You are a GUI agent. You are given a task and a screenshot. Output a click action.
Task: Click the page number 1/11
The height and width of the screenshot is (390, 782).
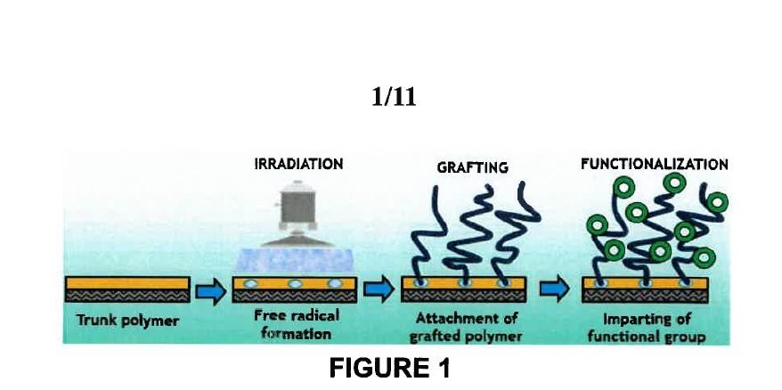coord(394,96)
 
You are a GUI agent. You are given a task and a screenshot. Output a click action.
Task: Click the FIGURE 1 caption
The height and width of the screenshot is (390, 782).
coord(390,368)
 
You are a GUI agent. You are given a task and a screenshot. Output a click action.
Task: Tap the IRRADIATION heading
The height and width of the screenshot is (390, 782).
coord(298,164)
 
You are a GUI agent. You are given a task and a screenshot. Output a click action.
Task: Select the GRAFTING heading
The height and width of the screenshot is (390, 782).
coord(472,167)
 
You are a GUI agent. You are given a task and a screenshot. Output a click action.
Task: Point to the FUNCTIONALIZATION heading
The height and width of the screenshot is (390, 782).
coord(655,164)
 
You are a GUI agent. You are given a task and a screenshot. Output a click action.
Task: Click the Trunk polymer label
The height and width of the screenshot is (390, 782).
coord(127,321)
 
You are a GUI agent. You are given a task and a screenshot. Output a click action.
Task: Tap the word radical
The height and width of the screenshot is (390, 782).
coord(314,315)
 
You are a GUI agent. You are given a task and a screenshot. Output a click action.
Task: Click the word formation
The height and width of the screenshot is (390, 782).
coord(297,333)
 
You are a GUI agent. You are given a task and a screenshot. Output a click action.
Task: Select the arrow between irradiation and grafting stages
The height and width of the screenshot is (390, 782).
coord(379,289)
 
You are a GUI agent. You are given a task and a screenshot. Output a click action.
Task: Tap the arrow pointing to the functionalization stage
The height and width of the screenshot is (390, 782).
coord(554,288)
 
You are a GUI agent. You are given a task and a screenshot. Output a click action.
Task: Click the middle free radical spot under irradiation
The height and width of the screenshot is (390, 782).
coord(295,284)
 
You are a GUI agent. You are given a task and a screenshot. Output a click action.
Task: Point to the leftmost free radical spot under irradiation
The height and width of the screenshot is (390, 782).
coord(251,284)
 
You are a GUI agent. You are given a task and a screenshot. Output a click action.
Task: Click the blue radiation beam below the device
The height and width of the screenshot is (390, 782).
coord(297,261)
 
